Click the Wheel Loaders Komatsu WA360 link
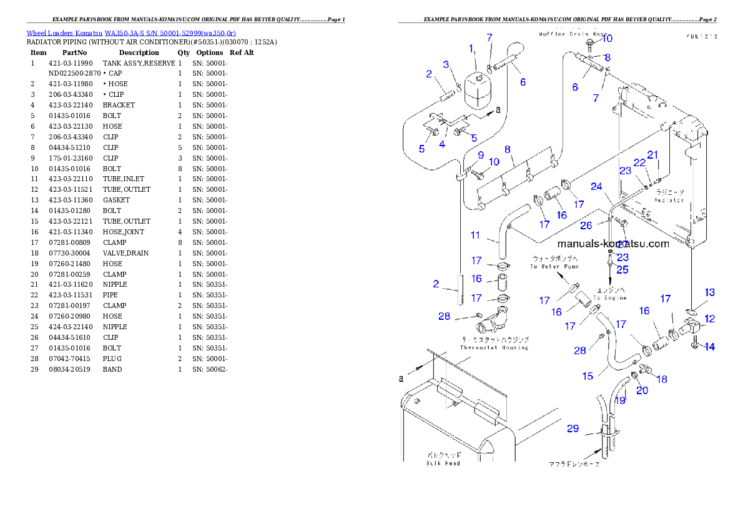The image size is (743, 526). pos(131,32)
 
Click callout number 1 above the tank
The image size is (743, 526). pos(471,48)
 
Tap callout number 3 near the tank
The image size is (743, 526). pos(446,64)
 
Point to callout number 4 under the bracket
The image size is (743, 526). pos(441,144)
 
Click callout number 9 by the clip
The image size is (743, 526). pos(481,155)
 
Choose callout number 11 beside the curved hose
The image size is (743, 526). pos(475,236)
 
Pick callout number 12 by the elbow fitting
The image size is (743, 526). pos(709,319)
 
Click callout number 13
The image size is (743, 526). pos(710,292)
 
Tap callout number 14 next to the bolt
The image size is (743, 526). pos(710,347)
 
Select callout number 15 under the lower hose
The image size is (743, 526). pos(588,376)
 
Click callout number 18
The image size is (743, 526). pos(662,379)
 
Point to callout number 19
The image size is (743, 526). pos(620,400)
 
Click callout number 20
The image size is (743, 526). pos(642,390)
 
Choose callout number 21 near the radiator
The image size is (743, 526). pos(652,155)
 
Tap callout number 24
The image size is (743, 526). pos(596,186)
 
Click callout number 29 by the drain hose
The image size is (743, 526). pos(573,429)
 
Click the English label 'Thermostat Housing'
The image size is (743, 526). pos(494,347)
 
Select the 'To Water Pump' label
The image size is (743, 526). pos(554,266)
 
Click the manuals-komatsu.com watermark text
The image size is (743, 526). pos(613,244)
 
